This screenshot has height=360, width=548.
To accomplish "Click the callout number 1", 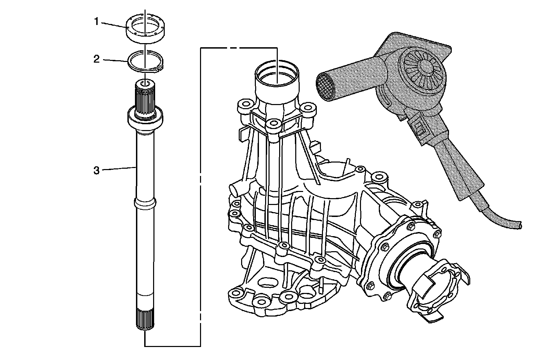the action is click(97, 22).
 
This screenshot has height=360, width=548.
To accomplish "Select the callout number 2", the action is click(97, 59).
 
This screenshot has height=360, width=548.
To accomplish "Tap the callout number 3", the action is click(97, 170).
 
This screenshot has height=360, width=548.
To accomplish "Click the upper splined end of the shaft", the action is click(145, 98).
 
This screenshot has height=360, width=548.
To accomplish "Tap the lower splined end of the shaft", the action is click(145, 319).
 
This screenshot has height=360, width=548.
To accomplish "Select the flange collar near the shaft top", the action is click(145, 121).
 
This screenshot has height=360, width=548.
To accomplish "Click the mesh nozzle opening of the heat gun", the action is click(326, 87).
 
